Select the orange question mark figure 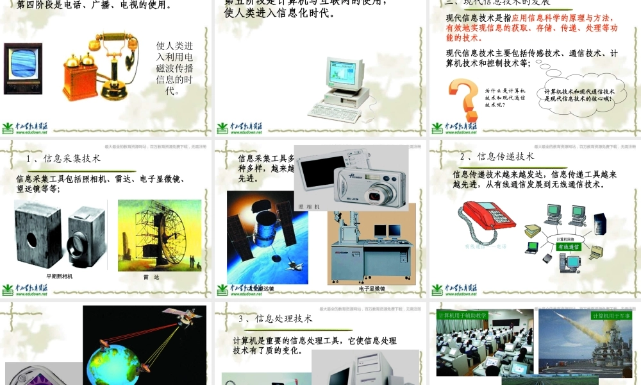coord(463,100)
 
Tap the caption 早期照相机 coord(60,276)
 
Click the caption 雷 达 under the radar coord(151,277)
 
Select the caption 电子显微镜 coord(372,289)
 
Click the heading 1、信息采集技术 coord(63,158)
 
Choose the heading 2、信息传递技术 coord(497,157)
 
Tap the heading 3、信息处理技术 coord(275,318)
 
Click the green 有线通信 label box coord(568,246)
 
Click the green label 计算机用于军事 coord(611,316)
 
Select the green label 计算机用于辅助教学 coord(462,316)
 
